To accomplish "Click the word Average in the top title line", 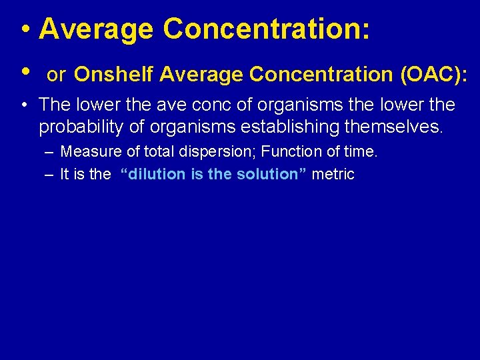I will [96, 29].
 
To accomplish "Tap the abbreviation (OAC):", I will [433, 75].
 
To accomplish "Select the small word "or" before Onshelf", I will [56, 76].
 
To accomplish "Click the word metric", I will [333, 175].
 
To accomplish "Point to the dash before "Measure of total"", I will [51, 153].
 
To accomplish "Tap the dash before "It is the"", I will [51, 175].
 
